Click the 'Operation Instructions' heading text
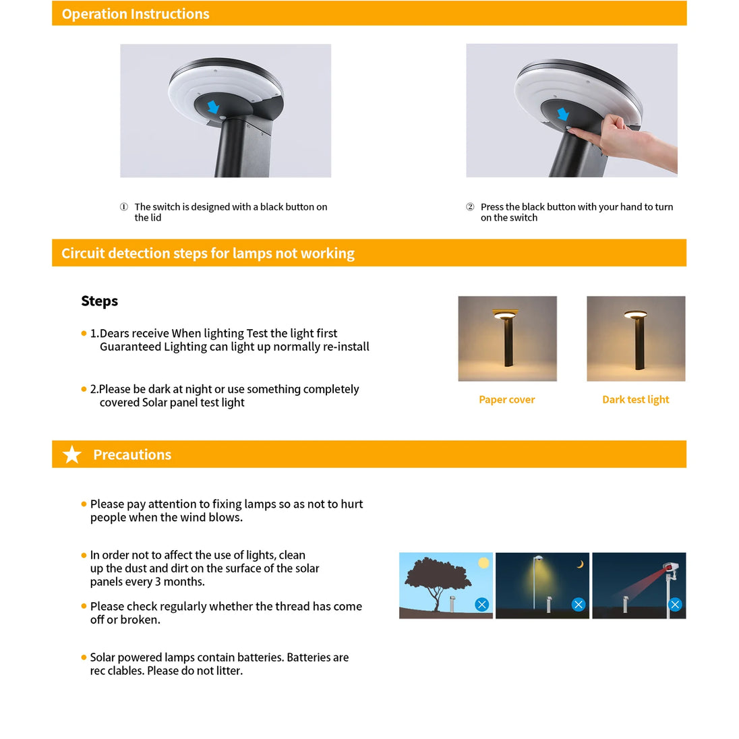point(136,14)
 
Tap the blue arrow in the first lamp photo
point(213,107)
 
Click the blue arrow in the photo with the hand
point(563,114)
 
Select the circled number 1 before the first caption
point(124,207)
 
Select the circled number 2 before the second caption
point(470,207)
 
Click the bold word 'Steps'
point(99,301)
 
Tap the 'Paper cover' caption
point(506,400)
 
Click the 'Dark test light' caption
point(635,400)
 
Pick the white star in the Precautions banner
point(72,454)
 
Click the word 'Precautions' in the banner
point(132,454)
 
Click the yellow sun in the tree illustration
point(483,563)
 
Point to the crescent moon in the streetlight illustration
point(581,564)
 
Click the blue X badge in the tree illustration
point(481,605)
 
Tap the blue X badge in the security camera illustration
point(675,605)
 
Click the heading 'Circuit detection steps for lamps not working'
point(208,254)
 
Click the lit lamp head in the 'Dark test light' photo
point(635,314)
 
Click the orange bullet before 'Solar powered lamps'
point(84,657)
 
